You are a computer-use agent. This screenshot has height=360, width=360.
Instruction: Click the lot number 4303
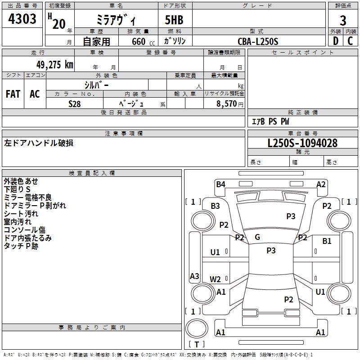(x=22, y=19)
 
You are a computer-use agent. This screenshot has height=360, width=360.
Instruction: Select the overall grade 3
(x=343, y=21)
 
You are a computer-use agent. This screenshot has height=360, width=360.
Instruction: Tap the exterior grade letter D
(x=335, y=41)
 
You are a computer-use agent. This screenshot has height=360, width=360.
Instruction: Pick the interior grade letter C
(x=350, y=41)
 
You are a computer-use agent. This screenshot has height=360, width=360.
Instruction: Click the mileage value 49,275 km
(x=54, y=65)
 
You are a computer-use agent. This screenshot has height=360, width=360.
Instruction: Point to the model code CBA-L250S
(x=258, y=41)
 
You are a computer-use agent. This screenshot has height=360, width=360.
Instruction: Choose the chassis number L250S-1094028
(x=302, y=143)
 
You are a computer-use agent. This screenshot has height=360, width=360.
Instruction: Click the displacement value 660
(x=139, y=42)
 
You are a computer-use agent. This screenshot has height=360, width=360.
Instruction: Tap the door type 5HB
(x=174, y=20)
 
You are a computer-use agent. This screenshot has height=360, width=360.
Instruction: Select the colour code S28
(x=75, y=104)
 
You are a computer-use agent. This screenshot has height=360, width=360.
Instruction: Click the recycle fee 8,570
(x=226, y=104)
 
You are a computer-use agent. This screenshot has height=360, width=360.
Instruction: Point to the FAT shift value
(x=13, y=94)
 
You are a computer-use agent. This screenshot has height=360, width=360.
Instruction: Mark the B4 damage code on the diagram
(x=220, y=184)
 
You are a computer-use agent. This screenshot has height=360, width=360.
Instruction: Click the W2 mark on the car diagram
(x=215, y=279)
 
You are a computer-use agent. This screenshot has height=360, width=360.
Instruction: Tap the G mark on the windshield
(x=257, y=237)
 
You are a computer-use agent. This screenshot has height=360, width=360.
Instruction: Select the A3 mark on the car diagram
(x=194, y=276)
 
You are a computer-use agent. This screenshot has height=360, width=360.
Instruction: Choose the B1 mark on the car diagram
(x=327, y=241)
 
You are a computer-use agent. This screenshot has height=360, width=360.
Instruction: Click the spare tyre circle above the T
(x=197, y=328)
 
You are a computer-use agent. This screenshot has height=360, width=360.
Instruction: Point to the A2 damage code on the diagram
(x=321, y=184)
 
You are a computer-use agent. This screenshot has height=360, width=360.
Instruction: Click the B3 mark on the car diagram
(x=216, y=206)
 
